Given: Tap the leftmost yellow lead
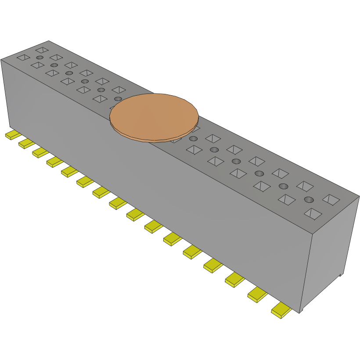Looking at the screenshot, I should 13,135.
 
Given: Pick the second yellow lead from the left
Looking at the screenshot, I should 26,143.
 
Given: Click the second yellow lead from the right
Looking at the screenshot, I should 257,295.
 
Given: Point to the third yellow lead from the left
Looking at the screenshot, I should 40,152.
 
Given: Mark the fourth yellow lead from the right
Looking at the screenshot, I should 213,265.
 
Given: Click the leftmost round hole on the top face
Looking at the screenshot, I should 40,58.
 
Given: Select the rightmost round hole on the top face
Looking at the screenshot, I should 309,200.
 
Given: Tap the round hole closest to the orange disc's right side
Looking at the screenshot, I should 193,139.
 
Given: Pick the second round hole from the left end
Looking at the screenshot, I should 54,65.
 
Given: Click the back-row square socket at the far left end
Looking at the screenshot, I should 42,50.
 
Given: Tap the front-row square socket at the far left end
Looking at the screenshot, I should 23,57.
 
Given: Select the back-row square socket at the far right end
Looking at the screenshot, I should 331,199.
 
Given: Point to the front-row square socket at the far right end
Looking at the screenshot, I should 313,214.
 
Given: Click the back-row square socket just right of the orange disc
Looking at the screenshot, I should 213,138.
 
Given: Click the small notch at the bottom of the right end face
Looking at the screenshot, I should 340,275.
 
